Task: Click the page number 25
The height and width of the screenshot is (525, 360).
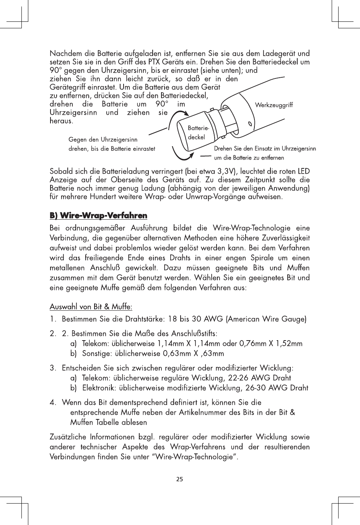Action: (x=179, y=479)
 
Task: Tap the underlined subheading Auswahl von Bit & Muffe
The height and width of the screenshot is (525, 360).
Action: (x=91, y=307)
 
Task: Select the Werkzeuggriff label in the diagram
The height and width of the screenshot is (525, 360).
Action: (x=274, y=105)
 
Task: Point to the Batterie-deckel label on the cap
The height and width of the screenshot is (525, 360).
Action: (x=197, y=132)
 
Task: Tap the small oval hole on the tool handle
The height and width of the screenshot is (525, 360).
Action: (x=250, y=124)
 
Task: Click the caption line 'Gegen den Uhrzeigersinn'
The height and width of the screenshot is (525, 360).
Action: (x=103, y=140)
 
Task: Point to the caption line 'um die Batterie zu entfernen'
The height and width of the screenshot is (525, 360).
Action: (x=249, y=157)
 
